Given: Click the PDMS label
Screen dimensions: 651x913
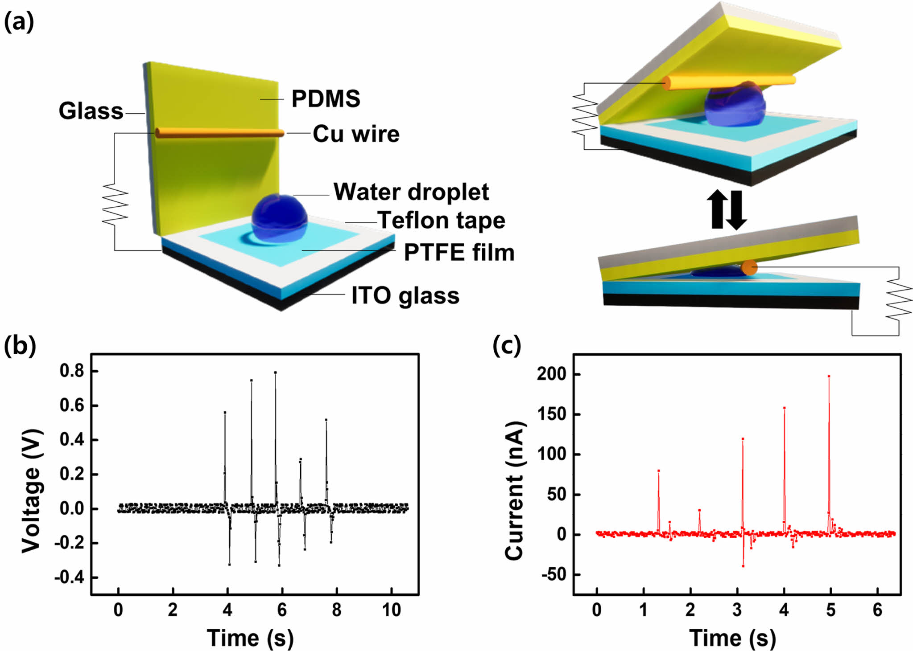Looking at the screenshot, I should [x=326, y=98].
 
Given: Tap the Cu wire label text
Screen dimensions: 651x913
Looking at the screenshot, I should [x=356, y=134].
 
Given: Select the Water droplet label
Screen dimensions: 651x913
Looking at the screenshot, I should [x=411, y=192].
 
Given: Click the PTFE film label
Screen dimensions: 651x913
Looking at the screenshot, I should [x=459, y=252].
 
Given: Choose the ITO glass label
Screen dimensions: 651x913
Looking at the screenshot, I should [x=405, y=295].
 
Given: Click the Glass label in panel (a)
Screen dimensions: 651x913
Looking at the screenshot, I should [x=91, y=111].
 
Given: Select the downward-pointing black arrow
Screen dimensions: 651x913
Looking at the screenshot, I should [x=736, y=209].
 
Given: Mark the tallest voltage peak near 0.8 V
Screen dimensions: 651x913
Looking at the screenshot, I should [x=275, y=373].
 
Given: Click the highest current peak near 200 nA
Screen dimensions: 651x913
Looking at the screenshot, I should [x=829, y=377].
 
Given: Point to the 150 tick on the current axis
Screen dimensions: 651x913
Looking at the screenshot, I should [x=552, y=414].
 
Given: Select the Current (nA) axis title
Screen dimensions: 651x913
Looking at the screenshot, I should [x=515, y=490].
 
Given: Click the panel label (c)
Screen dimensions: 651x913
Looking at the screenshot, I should [x=507, y=346].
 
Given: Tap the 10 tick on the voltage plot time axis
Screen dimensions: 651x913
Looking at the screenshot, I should [x=391, y=610].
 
